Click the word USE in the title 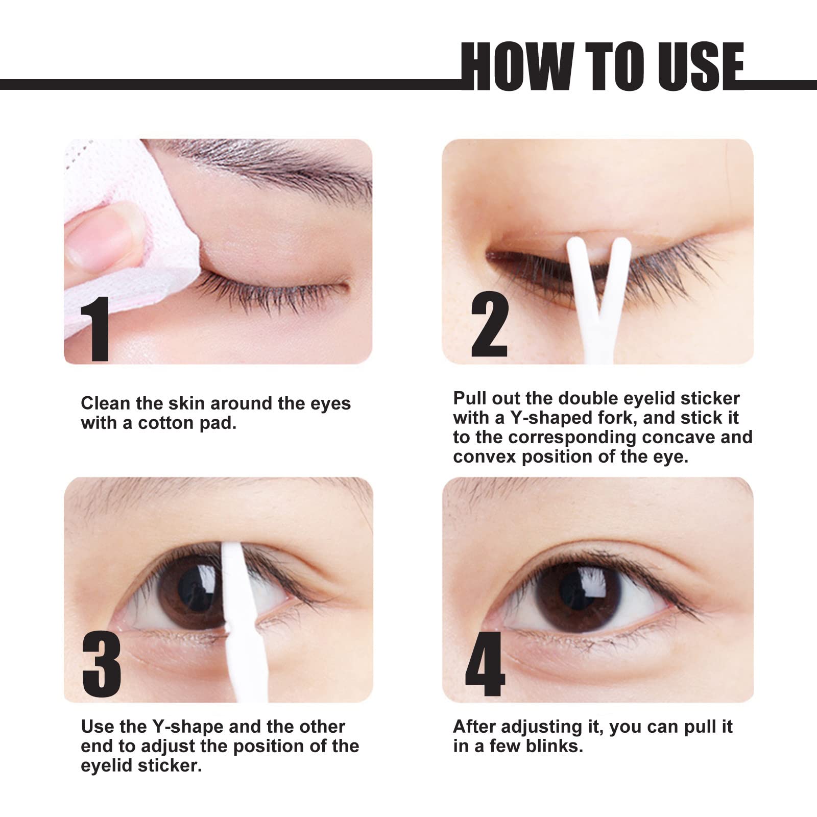[x=700, y=66]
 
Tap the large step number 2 [x=489, y=324]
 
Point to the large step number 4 [x=485, y=664]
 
